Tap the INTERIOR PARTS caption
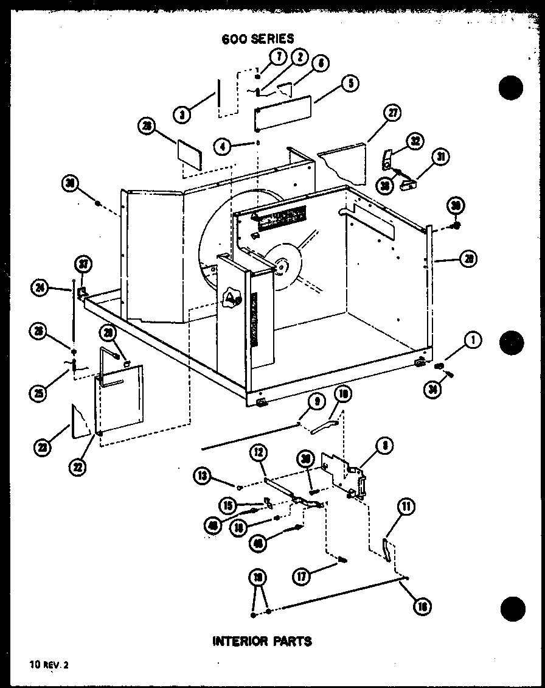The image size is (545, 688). [262, 641]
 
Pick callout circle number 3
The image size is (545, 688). [181, 114]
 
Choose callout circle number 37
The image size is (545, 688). [82, 264]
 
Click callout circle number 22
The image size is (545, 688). [78, 467]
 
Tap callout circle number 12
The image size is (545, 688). [258, 452]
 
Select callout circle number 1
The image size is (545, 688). [473, 341]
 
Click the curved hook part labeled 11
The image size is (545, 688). [386, 548]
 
